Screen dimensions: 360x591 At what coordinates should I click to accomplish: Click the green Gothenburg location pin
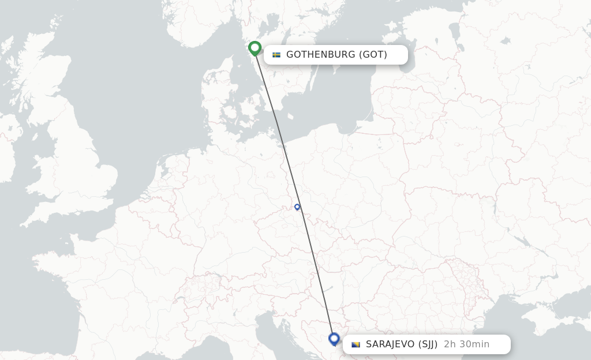tap(255, 48)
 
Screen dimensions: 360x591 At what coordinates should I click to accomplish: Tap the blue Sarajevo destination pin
tap(334, 339)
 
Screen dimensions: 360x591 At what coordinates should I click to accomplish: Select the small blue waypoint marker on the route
tap(297, 207)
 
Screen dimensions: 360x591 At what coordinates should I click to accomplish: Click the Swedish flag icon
tap(276, 55)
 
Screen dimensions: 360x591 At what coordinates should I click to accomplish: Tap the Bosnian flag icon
tap(356, 344)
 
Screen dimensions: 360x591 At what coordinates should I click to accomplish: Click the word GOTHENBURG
tap(320, 55)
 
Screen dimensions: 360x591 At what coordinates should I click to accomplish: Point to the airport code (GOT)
tap(373, 55)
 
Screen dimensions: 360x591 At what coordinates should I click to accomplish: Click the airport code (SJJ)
tap(427, 344)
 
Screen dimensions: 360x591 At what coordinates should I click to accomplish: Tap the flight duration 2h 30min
tap(466, 344)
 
